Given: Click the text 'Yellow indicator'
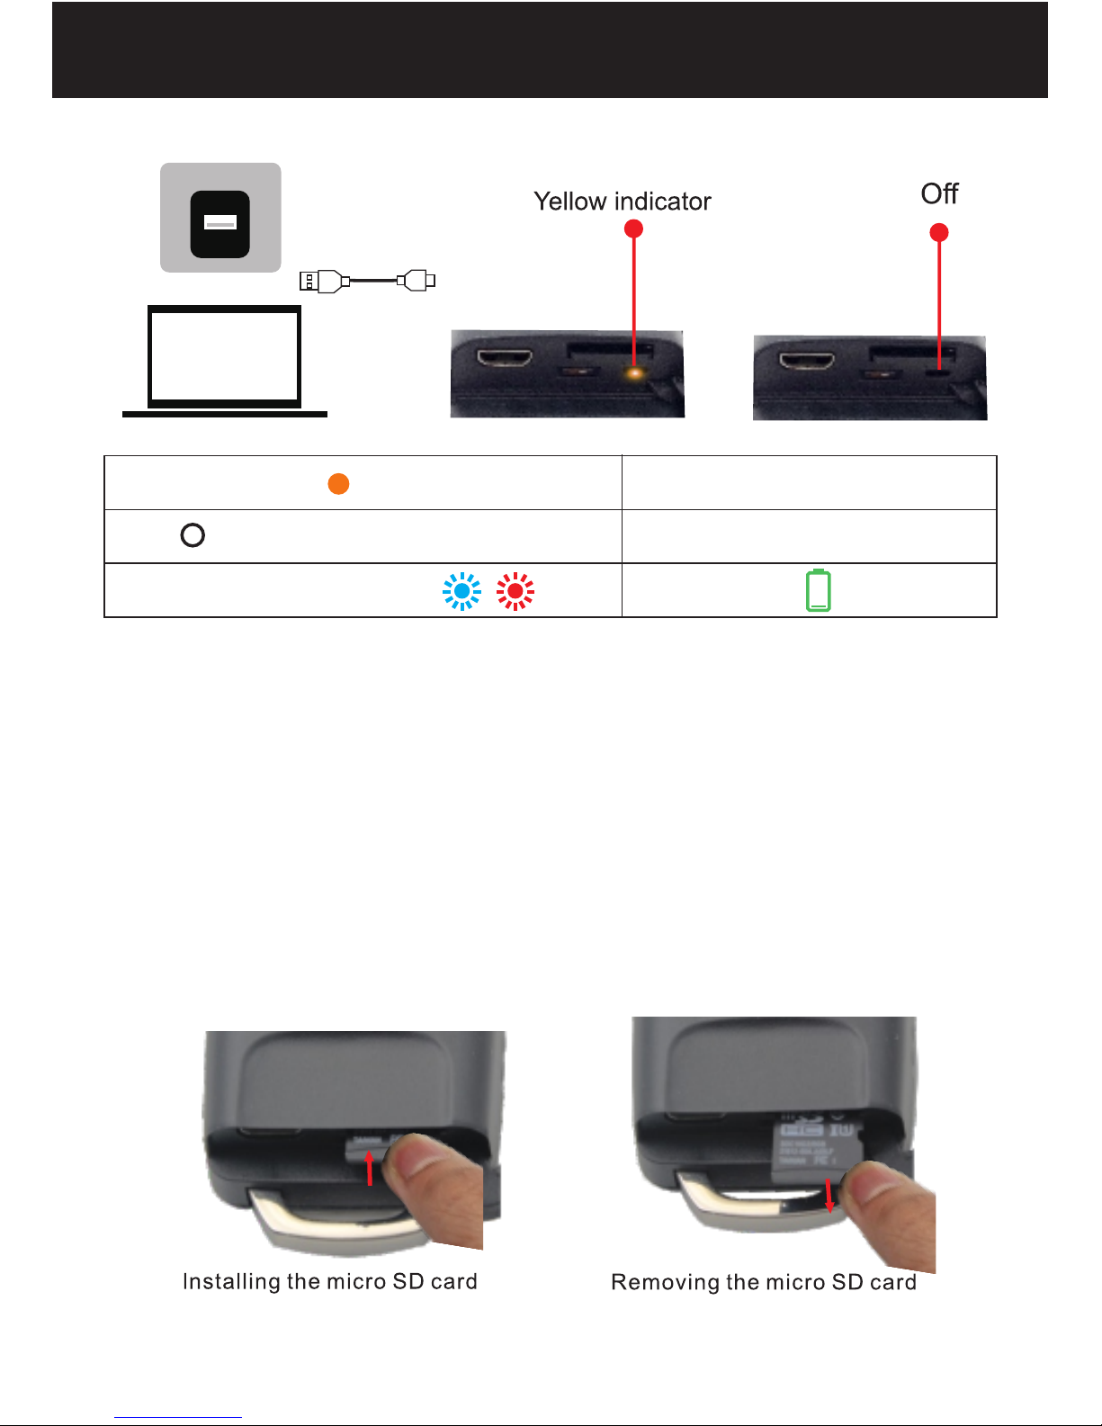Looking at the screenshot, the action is (622, 202).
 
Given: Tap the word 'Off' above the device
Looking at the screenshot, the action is (939, 193).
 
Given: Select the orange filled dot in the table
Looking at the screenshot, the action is (338, 484).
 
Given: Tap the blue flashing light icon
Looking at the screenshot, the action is (461, 591).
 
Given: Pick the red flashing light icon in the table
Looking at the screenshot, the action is (515, 591).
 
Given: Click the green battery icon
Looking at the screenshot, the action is (818, 590).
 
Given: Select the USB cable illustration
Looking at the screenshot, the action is (367, 281).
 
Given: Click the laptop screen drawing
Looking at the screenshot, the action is (224, 356).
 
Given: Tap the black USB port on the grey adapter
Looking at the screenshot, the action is (220, 224).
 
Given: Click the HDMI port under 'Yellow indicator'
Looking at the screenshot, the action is (505, 358).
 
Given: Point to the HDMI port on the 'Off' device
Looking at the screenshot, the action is (807, 361).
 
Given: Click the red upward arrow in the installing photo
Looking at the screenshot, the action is (370, 1168).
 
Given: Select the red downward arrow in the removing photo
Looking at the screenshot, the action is (829, 1196).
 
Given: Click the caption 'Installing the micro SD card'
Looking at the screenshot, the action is (330, 1282).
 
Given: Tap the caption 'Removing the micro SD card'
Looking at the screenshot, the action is (764, 1282).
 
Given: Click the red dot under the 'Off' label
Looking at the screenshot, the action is (939, 232).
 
